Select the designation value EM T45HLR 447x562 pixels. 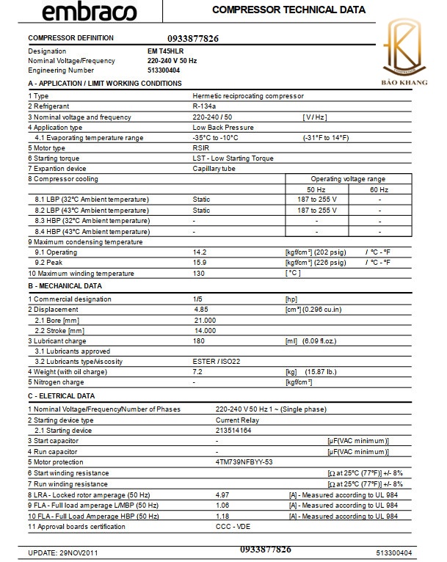click(165, 51)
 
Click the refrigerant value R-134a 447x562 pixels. click(204, 106)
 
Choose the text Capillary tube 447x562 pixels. click(213, 168)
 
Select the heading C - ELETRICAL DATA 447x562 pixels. click(61, 395)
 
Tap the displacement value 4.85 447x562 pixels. click(201, 309)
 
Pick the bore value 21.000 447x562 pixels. click(205, 320)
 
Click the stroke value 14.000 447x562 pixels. click(205, 330)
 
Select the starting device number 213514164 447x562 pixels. click(233, 430)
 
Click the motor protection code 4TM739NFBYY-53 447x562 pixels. click(244, 461)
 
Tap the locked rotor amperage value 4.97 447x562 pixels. click(223, 495)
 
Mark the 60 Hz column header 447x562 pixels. click(379, 189)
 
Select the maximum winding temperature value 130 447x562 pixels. click(198, 274)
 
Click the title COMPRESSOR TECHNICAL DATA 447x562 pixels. click(288, 10)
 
